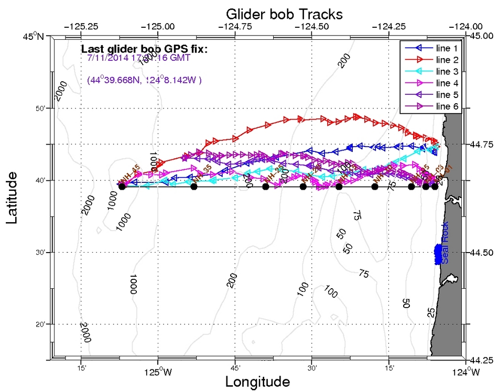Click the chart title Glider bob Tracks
point(284,13)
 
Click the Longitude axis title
point(257,382)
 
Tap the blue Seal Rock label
point(445,249)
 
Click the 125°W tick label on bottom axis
point(158,374)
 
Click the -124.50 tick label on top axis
point(311,26)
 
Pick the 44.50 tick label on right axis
point(481,253)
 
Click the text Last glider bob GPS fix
point(144,49)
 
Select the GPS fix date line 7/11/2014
point(139,58)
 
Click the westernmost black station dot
point(122,187)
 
